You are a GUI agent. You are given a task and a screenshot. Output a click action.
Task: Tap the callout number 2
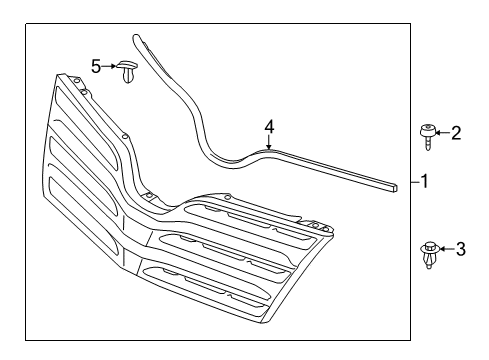pyautogui.click(x=455, y=132)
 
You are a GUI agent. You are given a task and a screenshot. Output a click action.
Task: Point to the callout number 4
pyautogui.click(x=268, y=127)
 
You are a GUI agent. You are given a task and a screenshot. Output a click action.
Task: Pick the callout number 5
pyautogui.click(x=96, y=66)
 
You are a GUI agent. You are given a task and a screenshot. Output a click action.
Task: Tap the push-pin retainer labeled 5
pyautogui.click(x=128, y=72)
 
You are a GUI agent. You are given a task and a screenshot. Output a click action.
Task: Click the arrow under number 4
pyautogui.click(x=268, y=142)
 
